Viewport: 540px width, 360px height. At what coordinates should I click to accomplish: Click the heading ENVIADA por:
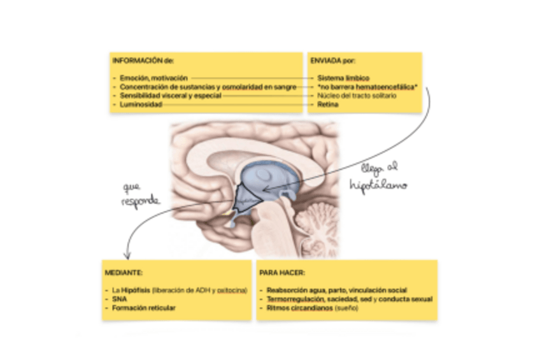coord(332,61)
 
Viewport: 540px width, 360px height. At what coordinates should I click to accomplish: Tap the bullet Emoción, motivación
coord(153,78)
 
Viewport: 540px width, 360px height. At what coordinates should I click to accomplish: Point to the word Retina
coord(327,104)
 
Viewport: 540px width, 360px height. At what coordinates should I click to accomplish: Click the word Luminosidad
coord(141,104)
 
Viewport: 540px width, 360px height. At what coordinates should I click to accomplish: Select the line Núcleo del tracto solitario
coord(357,96)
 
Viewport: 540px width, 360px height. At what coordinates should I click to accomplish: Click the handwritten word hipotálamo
coord(378,185)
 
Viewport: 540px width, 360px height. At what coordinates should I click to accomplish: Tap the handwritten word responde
coord(141,200)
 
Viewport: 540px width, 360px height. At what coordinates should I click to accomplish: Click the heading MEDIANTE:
coord(119,272)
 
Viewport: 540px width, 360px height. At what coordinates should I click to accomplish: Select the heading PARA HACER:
coord(282,272)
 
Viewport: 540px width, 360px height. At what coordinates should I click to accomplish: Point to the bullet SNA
coord(117,299)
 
